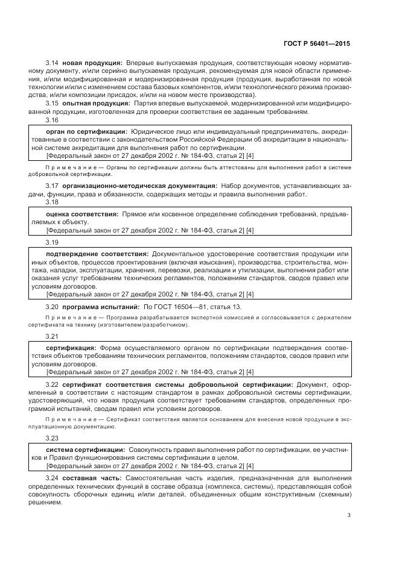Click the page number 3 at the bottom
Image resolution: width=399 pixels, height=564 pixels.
click(348, 515)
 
